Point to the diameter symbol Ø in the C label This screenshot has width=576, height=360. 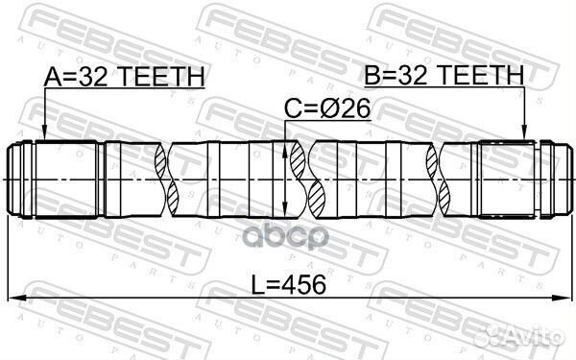coord(328,111)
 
